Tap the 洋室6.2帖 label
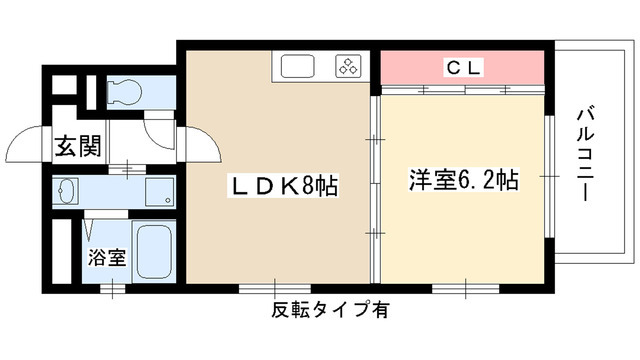(462, 181)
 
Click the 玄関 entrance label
(77, 146)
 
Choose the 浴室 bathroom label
(109, 255)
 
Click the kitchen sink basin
(299, 67)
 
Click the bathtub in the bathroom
(154, 252)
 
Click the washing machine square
(157, 191)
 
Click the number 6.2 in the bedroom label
(477, 181)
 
